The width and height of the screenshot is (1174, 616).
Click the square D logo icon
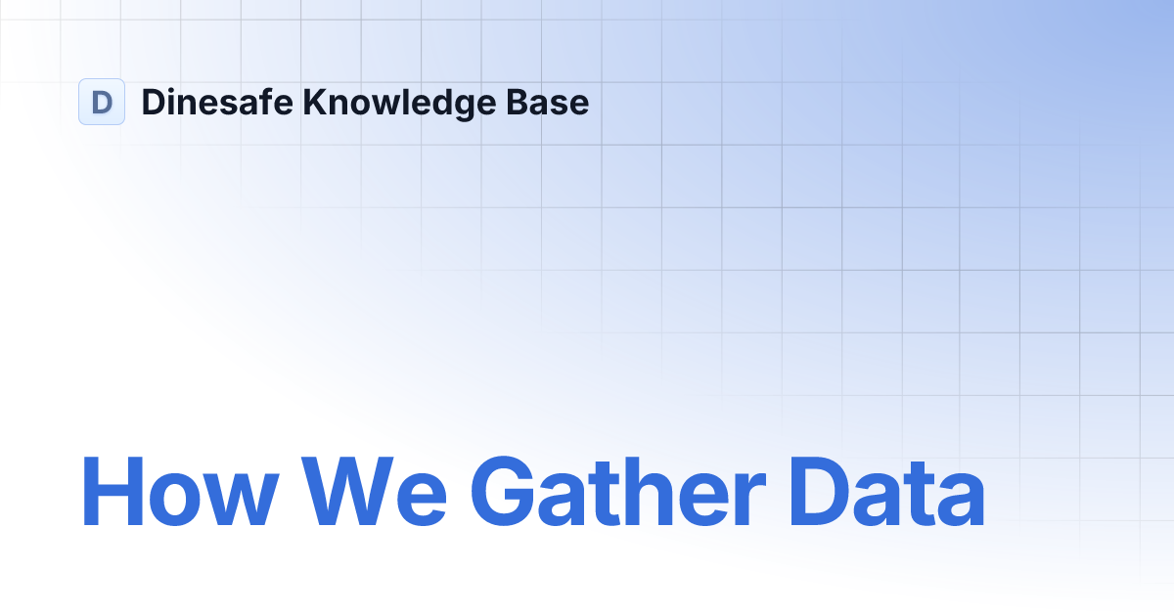[x=102, y=102]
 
